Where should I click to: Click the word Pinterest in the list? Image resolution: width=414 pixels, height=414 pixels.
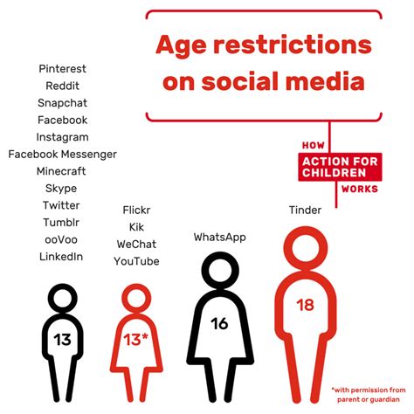click(x=62, y=69)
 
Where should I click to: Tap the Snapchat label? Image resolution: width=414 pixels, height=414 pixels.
click(x=62, y=103)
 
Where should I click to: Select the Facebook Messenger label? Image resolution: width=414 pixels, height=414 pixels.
click(x=62, y=155)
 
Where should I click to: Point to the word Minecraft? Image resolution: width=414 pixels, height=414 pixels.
click(x=61, y=171)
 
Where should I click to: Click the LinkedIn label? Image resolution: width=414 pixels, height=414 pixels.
click(x=61, y=257)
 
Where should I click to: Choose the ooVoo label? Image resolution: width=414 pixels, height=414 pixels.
click(x=61, y=239)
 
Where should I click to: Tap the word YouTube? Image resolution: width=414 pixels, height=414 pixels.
click(x=136, y=261)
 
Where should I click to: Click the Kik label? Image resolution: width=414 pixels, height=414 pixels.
click(x=136, y=227)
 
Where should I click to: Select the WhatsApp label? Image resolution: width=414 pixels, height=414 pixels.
click(x=220, y=238)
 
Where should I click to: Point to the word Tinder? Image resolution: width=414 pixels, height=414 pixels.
click(x=305, y=210)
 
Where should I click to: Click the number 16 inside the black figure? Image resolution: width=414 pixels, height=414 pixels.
click(x=219, y=323)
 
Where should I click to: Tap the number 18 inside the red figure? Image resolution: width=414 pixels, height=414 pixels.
click(x=306, y=305)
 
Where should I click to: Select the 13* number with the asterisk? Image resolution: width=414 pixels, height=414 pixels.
click(x=135, y=340)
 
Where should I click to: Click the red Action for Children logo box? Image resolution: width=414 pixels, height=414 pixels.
click(x=340, y=167)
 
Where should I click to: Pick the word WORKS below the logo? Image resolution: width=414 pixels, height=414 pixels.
click(x=360, y=189)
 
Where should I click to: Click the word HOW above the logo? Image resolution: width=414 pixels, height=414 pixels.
click(x=314, y=145)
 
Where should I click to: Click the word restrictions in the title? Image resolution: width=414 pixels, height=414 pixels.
click(x=293, y=45)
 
